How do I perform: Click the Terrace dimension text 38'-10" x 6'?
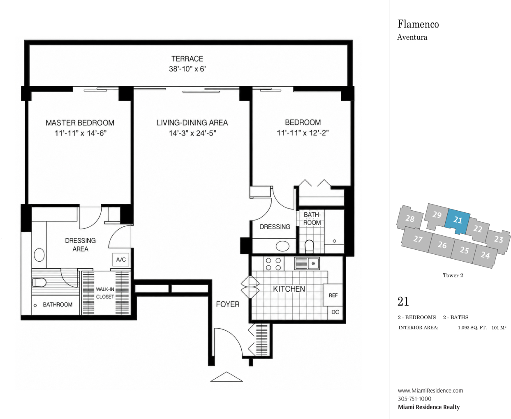[x=187, y=69]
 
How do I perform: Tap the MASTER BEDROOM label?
[x=80, y=123]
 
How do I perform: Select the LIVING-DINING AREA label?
[x=192, y=123]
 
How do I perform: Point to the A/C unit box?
[x=121, y=260]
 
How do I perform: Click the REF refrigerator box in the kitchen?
[x=333, y=295]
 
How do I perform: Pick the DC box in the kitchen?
[x=335, y=312]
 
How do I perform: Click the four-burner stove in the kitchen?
[x=273, y=264]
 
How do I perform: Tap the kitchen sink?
[x=307, y=263]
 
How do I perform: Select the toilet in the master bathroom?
[x=39, y=282]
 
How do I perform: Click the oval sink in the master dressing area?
[x=39, y=255]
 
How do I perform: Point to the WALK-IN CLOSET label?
[x=105, y=293]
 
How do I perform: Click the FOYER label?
[x=227, y=304]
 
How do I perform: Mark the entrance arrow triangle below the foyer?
[x=226, y=377]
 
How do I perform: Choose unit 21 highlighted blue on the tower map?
[x=458, y=221]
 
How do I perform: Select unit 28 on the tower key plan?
[x=410, y=219]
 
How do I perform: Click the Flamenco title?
[x=418, y=24]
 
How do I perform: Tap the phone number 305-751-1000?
[x=414, y=399]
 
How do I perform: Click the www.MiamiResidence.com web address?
[x=430, y=390]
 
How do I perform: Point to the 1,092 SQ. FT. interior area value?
[x=472, y=328]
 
